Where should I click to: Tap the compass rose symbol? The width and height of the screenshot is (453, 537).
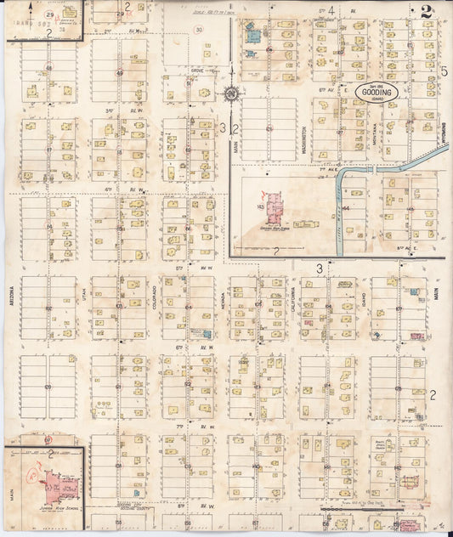(231, 94)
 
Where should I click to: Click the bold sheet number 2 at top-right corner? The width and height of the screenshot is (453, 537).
(424, 11)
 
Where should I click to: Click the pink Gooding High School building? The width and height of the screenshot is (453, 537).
(275, 207)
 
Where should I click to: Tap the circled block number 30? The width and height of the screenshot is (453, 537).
(197, 30)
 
